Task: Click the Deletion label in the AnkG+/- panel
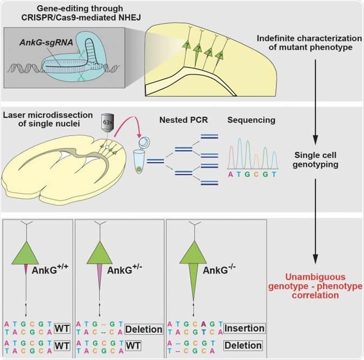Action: tap(143, 329)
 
